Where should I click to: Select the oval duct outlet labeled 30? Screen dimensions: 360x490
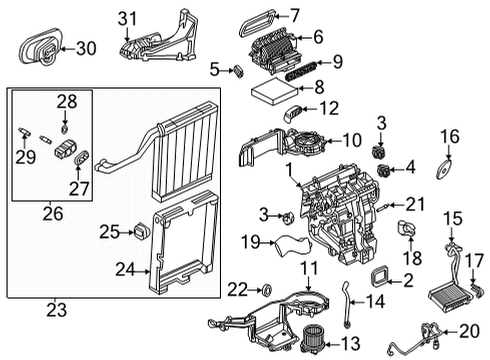pyautogui.click(x=41, y=47)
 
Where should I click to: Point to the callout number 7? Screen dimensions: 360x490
pyautogui.click(x=293, y=14)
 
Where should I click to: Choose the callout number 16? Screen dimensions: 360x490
pyautogui.click(x=449, y=136)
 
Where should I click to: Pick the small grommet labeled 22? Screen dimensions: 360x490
pyautogui.click(x=267, y=290)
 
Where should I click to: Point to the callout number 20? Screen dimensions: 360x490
pyautogui.click(x=467, y=331)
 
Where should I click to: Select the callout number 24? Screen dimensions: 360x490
pyautogui.click(x=123, y=267)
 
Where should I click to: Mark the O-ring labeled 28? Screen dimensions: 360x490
pyautogui.click(x=65, y=128)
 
